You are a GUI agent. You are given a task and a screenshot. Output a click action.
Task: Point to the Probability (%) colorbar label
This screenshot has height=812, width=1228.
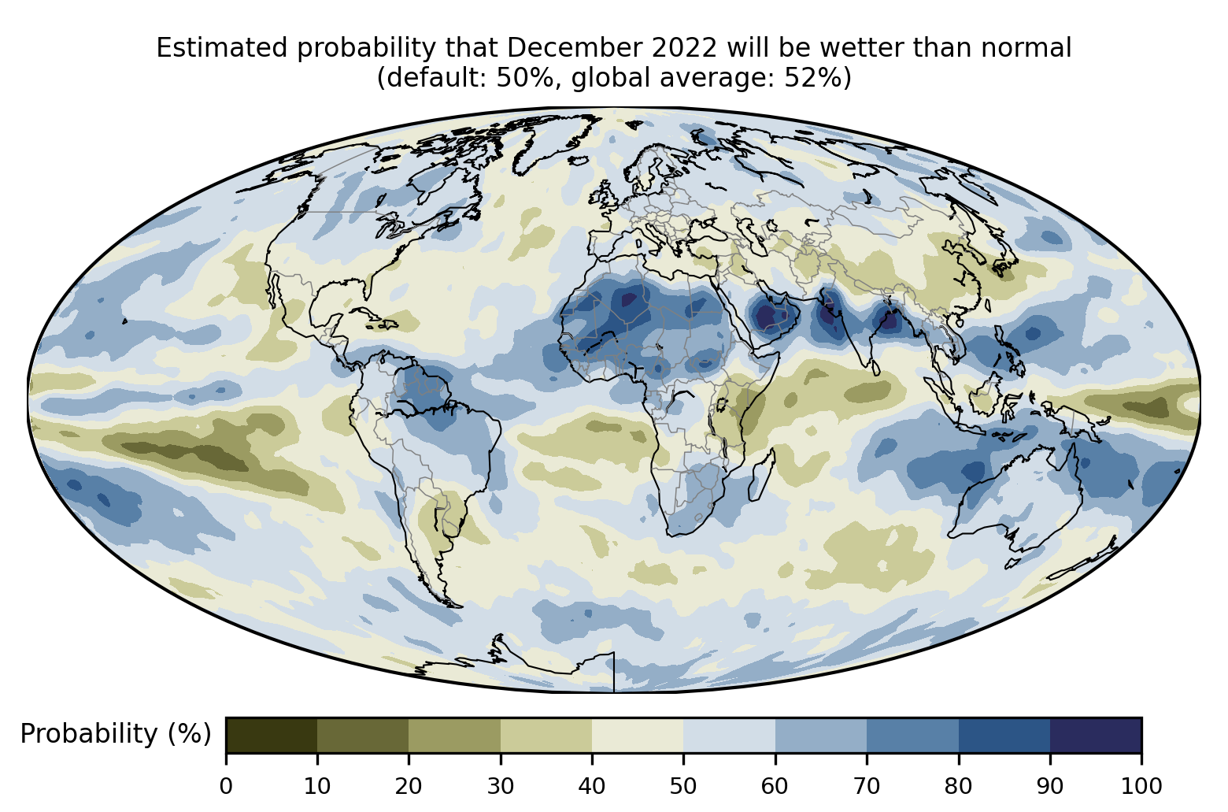[116, 734]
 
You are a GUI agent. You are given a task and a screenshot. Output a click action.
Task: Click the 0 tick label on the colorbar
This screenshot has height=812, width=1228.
[227, 786]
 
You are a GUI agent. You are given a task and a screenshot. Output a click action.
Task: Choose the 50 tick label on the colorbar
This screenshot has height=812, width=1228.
[683, 786]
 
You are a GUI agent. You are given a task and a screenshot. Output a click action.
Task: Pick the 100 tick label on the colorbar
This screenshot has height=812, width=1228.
[1141, 786]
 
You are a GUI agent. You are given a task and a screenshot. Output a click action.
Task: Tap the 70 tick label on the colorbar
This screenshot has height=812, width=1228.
[867, 786]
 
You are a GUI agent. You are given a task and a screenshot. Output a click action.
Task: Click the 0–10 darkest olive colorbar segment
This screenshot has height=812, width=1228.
[272, 735]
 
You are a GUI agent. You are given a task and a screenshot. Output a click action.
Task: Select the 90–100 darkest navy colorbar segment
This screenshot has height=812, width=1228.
[1095, 735]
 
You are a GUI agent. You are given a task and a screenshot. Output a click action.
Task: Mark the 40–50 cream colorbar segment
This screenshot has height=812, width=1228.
[638, 735]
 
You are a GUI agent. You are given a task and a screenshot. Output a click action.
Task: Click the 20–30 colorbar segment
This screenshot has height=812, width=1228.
[454, 735]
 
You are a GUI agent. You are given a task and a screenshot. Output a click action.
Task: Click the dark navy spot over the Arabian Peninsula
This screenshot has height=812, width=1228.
[764, 317]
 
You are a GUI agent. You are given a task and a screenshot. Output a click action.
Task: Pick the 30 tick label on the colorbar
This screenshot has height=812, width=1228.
[501, 786]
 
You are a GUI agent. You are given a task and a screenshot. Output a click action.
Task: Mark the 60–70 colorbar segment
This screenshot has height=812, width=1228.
[820, 735]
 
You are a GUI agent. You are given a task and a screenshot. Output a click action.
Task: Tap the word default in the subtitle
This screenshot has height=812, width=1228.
[435, 79]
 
